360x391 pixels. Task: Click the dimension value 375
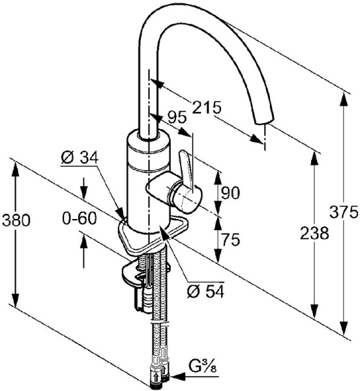pos(344,212)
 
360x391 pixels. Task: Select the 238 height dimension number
pos(314,234)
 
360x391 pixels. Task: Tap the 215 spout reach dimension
pos(207,108)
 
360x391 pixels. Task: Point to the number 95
pos(177,117)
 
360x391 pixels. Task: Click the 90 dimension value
pos(230,193)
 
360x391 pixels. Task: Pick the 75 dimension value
pos(230,239)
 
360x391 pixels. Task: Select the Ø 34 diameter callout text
pos(80,157)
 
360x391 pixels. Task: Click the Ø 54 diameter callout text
pos(205,291)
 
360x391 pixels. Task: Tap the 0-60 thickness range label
pos(80,219)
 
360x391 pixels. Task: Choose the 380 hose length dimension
pos(16,221)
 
